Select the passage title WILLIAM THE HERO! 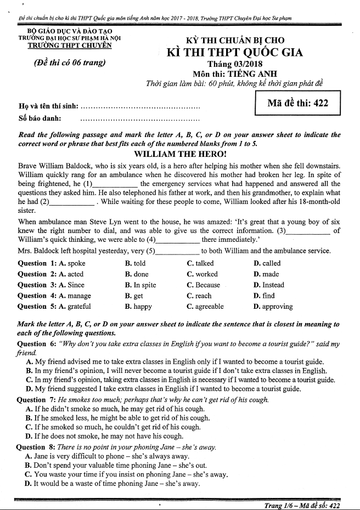coord(181,154)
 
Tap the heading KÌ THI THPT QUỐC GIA coord(235,53)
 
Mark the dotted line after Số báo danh coord(140,118)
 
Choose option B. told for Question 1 coord(136,263)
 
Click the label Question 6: coord(37,344)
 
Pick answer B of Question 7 coord(117,418)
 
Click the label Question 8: coord(37,447)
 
